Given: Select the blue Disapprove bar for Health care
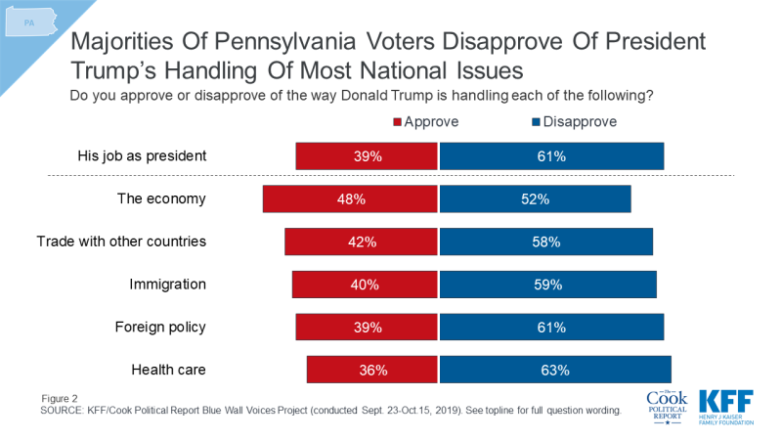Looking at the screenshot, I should click(x=555, y=371).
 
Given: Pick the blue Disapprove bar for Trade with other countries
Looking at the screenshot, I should click(x=546, y=242).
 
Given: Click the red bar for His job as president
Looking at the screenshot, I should click(x=367, y=155).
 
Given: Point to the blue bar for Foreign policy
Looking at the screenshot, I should click(x=552, y=328).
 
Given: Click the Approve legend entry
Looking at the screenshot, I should click(x=425, y=122).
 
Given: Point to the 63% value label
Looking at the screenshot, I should click(x=554, y=371).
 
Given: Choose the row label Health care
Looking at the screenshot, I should click(x=167, y=371).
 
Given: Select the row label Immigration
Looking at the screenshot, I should click(x=167, y=285).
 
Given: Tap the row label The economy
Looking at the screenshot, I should click(x=161, y=198).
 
